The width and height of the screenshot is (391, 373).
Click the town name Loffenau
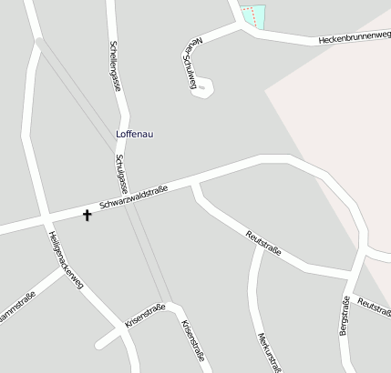click(x=135, y=135)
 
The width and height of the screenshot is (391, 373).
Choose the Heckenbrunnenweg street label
click(x=355, y=37)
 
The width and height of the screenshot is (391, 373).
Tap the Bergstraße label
click(x=345, y=316)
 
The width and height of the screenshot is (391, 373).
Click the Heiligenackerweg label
click(x=65, y=258)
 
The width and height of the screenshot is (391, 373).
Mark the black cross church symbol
click(x=87, y=216)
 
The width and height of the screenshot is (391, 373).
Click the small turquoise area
click(x=259, y=16)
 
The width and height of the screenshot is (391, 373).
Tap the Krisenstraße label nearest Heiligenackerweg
click(x=145, y=316)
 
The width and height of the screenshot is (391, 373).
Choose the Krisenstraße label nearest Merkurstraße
click(x=190, y=338)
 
